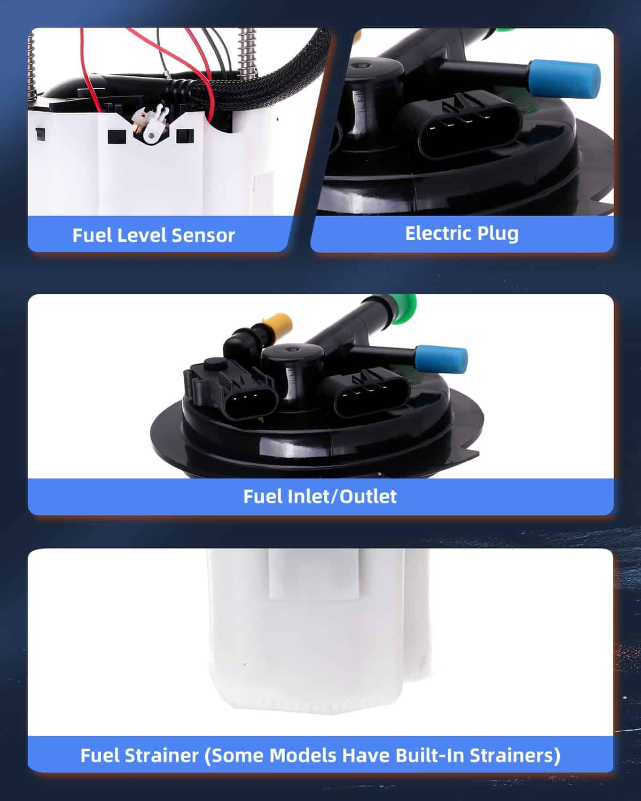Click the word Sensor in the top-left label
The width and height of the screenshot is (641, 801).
[x=203, y=235]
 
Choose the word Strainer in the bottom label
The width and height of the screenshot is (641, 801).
[x=162, y=755]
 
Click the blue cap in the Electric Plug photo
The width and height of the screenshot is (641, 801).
[x=564, y=80]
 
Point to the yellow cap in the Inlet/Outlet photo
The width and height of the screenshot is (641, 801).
[x=277, y=324]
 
